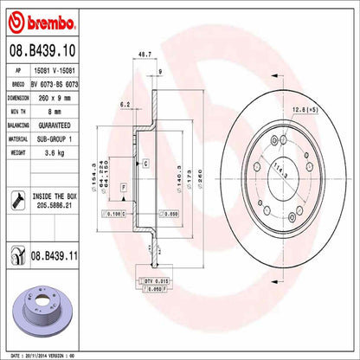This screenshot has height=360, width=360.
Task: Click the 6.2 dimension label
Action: pos(124,104)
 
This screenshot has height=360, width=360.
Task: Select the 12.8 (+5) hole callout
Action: pos(308,108)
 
